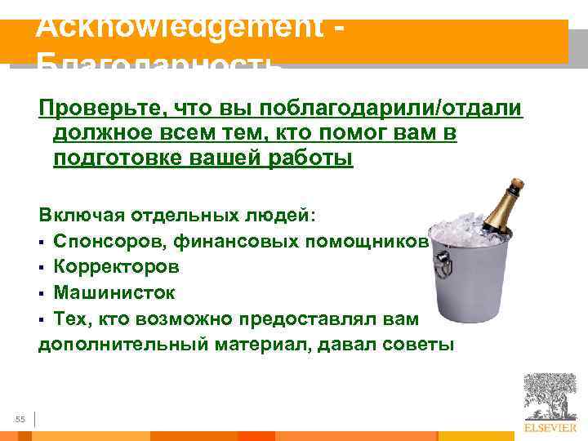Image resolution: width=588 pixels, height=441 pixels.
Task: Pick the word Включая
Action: tap(78, 215)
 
